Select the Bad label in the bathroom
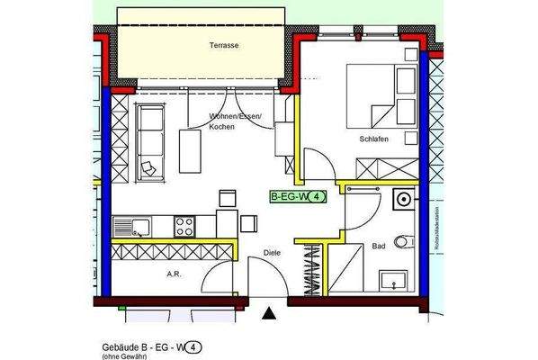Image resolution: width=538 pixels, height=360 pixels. click(378, 244)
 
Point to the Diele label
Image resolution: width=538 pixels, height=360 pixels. click(272, 253)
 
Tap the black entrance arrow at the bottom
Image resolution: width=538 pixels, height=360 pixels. click(268, 314)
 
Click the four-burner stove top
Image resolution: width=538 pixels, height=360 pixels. click(185, 224)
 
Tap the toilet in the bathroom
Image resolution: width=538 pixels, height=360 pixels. click(407, 239)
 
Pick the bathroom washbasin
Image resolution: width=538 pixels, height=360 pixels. click(393, 280)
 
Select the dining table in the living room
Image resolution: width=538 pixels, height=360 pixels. click(191, 150)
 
